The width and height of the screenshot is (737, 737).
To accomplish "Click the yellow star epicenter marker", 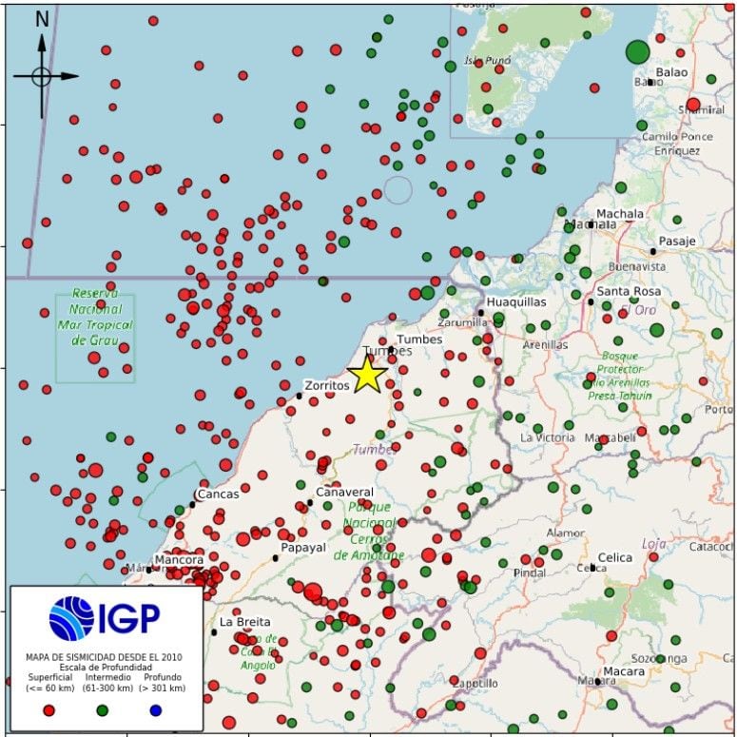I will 367,375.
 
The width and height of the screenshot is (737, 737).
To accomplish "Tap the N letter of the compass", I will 42,19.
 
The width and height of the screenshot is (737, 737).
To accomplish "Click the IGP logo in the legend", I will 105,617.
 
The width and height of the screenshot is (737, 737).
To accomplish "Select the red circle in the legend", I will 49,709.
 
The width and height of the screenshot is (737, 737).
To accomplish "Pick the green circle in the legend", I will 103,709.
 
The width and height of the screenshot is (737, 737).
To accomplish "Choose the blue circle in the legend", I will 156,709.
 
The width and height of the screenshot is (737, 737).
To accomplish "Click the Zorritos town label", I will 326,386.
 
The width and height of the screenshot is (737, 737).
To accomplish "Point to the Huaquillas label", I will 515,301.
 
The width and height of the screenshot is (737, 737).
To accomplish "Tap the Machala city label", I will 619,214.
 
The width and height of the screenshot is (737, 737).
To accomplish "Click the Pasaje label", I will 677,241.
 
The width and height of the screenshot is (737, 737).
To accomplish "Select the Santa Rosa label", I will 629,291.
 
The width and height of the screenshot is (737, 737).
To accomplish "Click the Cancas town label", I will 218,495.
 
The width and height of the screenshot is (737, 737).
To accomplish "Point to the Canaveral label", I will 344,493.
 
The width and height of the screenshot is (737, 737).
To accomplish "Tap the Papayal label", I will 303,548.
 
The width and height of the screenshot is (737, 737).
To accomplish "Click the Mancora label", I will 179,560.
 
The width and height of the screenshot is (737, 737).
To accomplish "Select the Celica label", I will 614,557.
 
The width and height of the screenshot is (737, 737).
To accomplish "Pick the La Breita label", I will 245,622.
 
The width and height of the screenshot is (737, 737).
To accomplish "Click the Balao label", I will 671,72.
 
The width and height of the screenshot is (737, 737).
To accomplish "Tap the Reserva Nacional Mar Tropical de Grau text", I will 95,310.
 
